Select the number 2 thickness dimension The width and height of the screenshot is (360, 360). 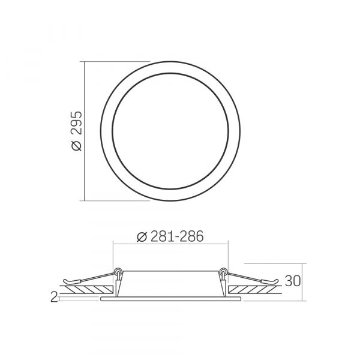point(54,296)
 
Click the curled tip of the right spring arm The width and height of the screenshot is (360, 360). point(276,281)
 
